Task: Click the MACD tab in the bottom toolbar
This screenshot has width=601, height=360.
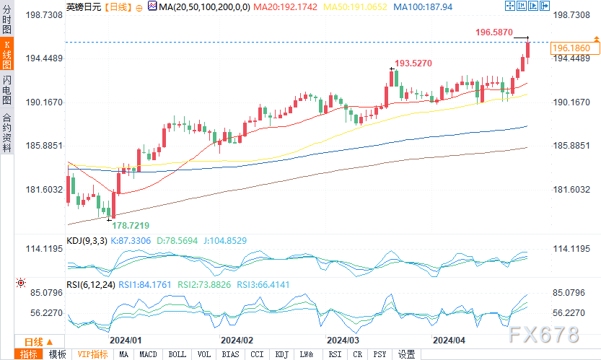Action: (x=148, y=354)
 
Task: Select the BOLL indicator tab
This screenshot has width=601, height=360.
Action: (x=176, y=354)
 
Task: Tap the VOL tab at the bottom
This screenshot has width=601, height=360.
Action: (x=203, y=354)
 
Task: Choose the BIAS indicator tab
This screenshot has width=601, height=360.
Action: (x=230, y=354)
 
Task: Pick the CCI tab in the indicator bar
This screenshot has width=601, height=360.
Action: (x=257, y=354)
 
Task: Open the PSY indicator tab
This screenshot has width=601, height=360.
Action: (x=380, y=354)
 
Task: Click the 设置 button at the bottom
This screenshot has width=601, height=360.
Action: (x=407, y=354)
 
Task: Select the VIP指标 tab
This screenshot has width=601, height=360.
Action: (x=92, y=354)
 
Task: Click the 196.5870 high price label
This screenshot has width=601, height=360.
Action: (x=494, y=32)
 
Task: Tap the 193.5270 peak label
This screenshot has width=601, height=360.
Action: (x=413, y=63)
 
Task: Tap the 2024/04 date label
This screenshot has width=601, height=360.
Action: (x=448, y=339)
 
